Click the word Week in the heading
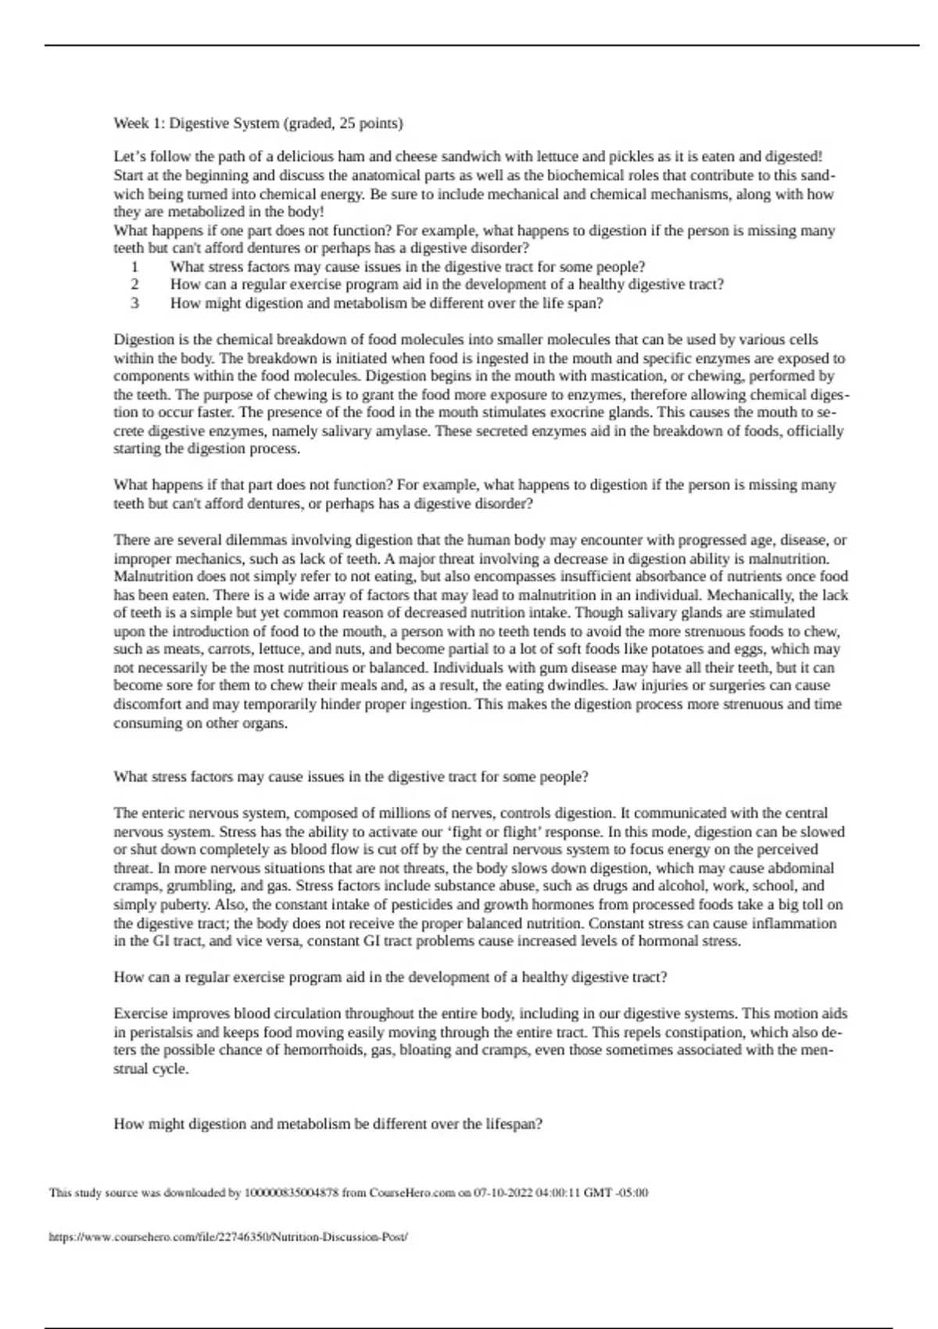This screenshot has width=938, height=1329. (x=130, y=124)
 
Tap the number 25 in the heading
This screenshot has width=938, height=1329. (x=347, y=124)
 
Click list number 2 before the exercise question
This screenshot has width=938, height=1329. (x=135, y=285)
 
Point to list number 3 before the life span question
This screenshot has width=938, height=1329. (x=135, y=303)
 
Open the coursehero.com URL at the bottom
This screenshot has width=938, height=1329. (x=228, y=1237)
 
